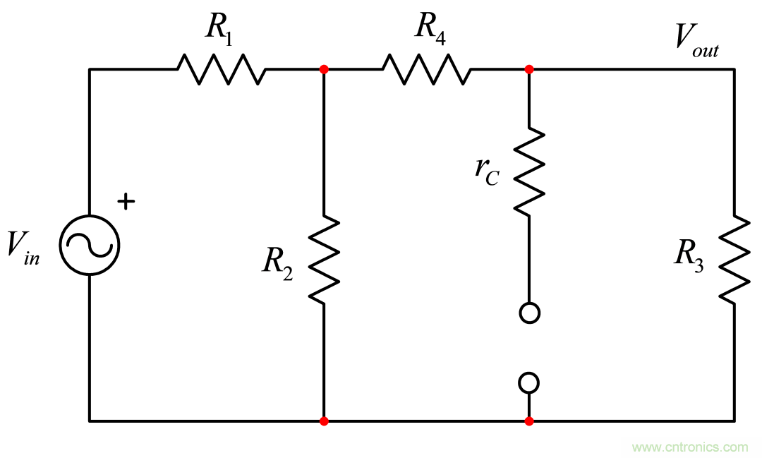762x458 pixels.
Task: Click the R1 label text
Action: click(x=219, y=28)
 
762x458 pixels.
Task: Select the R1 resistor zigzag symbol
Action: click(x=221, y=69)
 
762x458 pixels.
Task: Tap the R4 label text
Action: click(x=430, y=28)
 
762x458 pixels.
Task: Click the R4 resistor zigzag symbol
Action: click(x=426, y=69)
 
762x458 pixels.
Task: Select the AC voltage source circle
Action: click(x=89, y=245)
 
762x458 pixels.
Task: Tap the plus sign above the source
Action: click(x=126, y=202)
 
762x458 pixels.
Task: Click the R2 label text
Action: click(x=278, y=262)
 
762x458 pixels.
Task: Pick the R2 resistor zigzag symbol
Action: click(x=323, y=260)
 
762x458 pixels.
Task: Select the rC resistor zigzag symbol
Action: click(x=528, y=171)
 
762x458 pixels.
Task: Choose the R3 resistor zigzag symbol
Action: click(x=734, y=259)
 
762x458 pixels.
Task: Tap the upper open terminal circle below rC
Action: click(x=528, y=313)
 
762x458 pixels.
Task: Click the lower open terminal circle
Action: click(x=528, y=382)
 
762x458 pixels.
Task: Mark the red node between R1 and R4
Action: click(x=324, y=69)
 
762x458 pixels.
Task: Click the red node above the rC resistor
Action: click(x=529, y=69)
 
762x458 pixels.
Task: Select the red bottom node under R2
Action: click(x=324, y=421)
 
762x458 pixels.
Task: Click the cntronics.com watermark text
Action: click(x=689, y=447)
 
